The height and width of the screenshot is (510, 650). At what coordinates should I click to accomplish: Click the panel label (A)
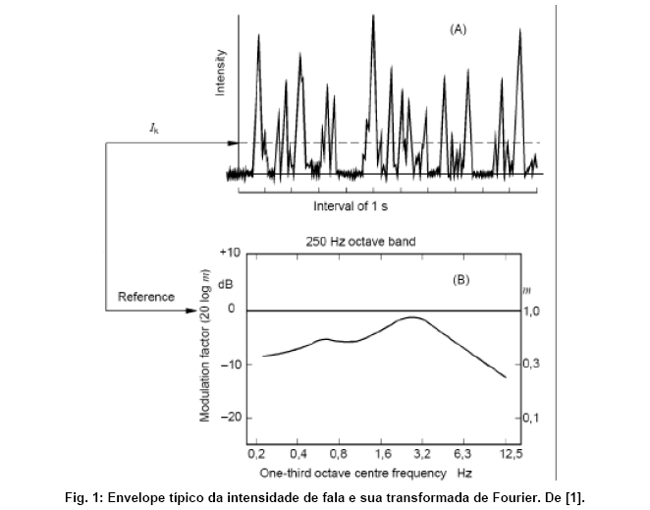(x=458, y=29)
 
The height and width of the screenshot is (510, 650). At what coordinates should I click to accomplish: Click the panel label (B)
(x=460, y=279)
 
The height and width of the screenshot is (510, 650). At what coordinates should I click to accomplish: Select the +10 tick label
(x=229, y=253)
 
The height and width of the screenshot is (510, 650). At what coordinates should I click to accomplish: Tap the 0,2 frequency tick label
(x=256, y=454)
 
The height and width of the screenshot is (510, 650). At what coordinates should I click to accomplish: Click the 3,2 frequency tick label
(x=422, y=454)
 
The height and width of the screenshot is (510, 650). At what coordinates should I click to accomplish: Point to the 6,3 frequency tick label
(x=463, y=454)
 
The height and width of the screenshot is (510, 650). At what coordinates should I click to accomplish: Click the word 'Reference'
(x=146, y=296)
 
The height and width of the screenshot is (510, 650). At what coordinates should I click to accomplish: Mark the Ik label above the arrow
(x=155, y=128)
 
